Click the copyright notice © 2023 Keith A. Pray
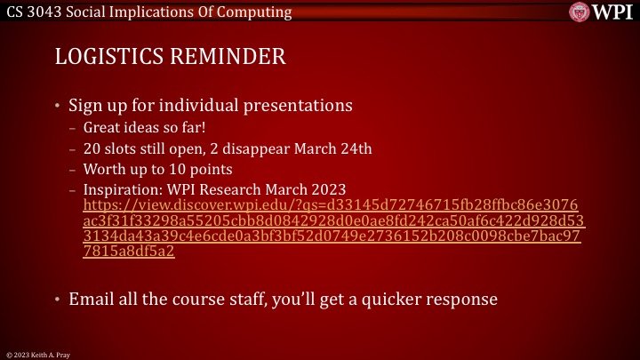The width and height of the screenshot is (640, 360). click(36, 354)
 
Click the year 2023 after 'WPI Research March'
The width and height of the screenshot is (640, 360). click(328, 189)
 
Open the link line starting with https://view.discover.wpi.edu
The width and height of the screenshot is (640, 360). click(330, 205)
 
